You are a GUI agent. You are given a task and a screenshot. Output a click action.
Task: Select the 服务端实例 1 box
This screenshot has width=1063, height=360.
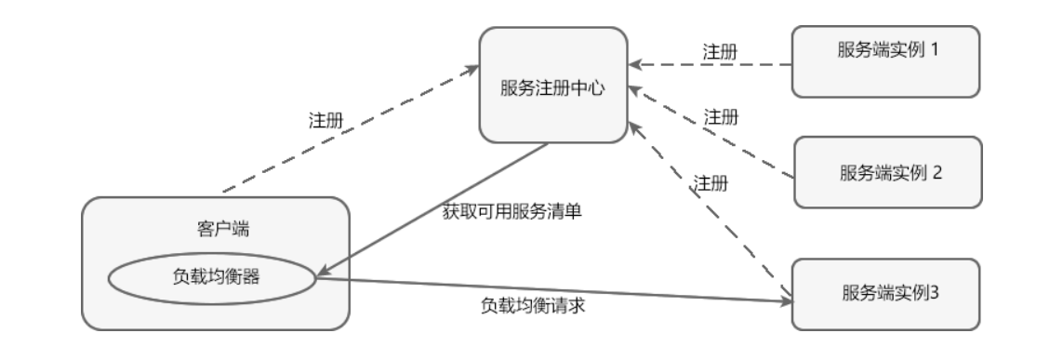pos(886,61)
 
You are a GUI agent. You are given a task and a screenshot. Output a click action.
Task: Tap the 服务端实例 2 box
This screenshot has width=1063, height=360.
pos(887,172)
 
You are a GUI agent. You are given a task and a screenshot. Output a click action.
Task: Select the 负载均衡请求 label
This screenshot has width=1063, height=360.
pos(532,305)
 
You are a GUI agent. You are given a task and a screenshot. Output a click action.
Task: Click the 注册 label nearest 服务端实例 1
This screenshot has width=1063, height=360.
pos(720,50)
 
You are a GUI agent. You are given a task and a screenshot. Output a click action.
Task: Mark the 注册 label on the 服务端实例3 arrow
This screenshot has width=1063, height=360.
pos(711,182)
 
